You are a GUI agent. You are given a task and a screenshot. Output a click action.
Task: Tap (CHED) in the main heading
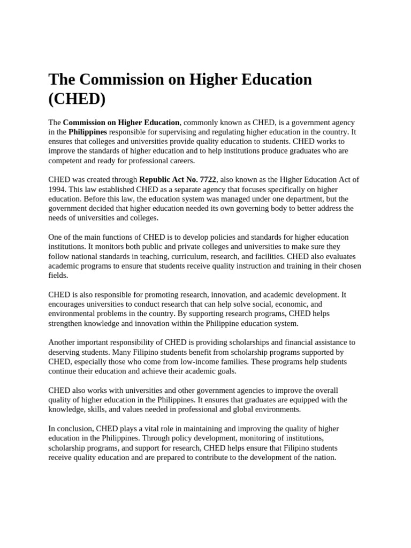tap(77, 99)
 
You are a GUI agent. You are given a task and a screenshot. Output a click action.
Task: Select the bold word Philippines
tap(88, 132)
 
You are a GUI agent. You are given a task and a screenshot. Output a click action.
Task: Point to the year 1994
tap(57, 189)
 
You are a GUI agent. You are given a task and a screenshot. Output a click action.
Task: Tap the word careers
tap(182, 161)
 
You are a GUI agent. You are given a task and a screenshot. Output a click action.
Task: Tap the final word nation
tap(324, 458)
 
